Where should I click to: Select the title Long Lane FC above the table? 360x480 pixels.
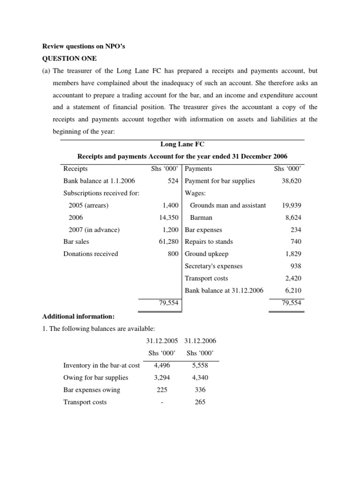coord(182,144)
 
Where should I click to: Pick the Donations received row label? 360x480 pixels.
coord(90,254)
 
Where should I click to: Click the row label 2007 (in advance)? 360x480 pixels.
coord(94,230)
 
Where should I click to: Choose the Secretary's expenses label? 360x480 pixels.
coord(214,266)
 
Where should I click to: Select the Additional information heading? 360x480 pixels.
coord(75,316)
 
